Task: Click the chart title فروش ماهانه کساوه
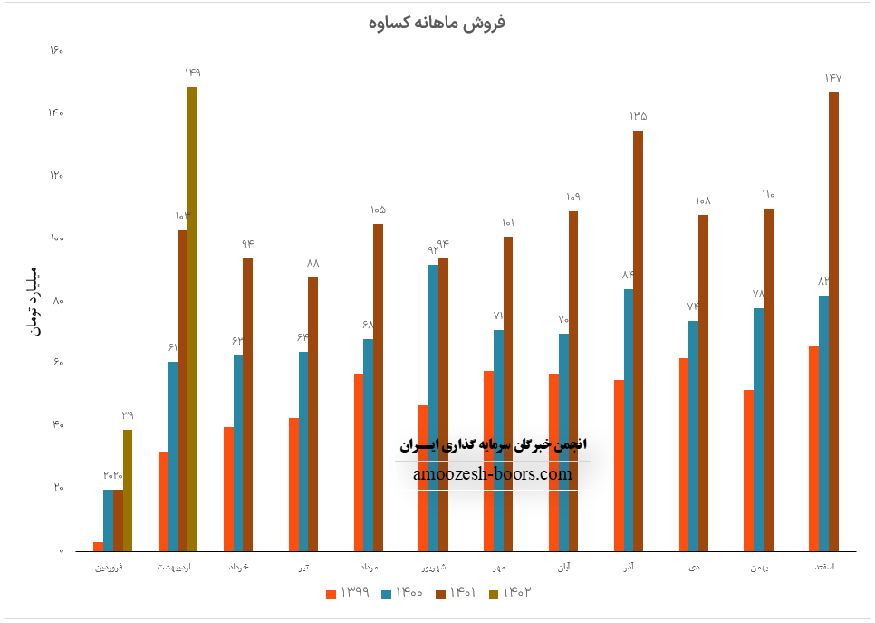point(437,23)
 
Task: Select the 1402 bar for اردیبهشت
point(192,317)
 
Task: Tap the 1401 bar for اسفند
point(833,322)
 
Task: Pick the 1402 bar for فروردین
point(128,491)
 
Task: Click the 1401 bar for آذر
point(638,341)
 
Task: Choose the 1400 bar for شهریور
point(433,408)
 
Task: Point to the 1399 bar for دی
point(683,454)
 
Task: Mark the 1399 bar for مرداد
point(359,462)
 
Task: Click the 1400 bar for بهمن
point(758,430)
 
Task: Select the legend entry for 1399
point(345,593)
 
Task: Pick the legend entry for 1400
point(399,593)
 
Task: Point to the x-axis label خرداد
point(237,567)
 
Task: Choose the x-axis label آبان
point(562,567)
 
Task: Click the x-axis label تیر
point(303,567)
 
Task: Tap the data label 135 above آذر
point(638,116)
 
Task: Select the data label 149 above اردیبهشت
point(192,73)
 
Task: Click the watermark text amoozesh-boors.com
point(493,473)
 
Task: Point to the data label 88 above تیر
point(312,263)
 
